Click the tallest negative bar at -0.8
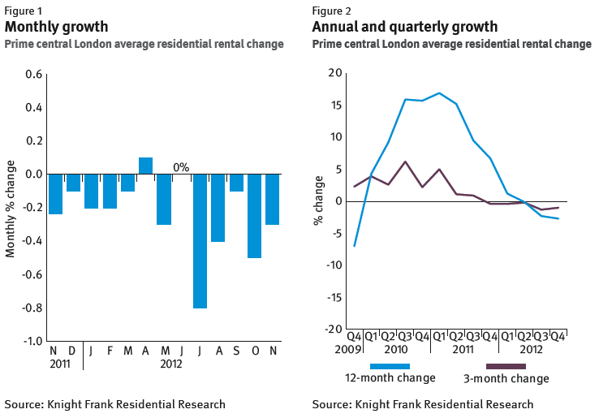200,240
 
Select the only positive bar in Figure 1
146,166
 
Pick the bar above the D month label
73,183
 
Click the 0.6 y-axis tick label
33,75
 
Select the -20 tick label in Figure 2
332,330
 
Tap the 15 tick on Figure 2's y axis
335,106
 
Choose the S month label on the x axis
236,351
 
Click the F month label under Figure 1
110,351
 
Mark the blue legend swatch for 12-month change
390,366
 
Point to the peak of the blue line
439,93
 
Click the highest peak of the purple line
405,162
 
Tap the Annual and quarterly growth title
405,27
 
